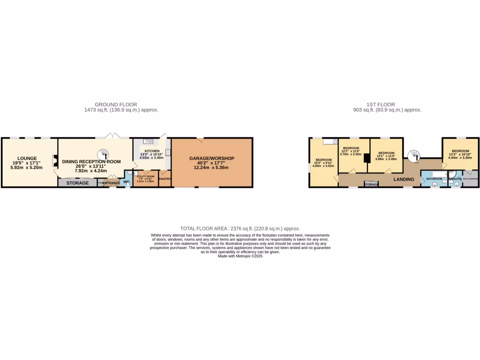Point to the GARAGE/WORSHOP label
(211, 158)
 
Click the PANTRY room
(165, 179)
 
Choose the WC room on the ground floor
(127, 182)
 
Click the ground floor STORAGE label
(77, 183)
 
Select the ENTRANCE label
(111, 183)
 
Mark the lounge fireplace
(55, 162)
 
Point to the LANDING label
(403, 179)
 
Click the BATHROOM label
(434, 179)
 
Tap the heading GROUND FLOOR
(116, 105)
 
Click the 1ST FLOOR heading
(380, 105)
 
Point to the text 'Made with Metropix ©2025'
(240, 256)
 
